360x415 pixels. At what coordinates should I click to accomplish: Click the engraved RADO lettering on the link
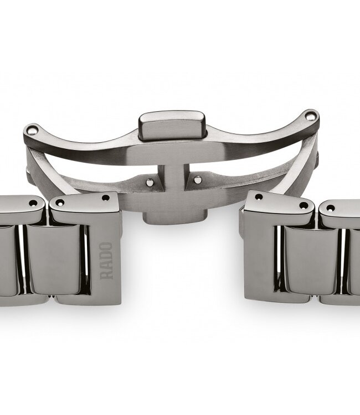(106, 260)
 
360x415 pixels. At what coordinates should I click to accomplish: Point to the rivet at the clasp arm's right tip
(311, 116)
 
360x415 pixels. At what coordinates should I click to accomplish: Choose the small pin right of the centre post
(197, 180)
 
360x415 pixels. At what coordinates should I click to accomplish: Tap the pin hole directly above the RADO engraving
(105, 198)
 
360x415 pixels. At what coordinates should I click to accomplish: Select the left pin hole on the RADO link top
(60, 203)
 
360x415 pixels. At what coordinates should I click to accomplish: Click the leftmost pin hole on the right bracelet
(259, 196)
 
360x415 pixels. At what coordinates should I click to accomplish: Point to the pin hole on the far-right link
(330, 208)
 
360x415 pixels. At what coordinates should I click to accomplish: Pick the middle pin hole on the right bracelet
(304, 205)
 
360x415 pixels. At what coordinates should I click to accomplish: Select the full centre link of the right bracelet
(310, 260)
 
